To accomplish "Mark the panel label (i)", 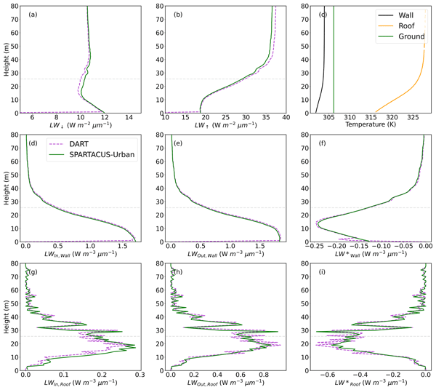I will pos(318,272).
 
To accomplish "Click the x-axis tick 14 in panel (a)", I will pos(129,117).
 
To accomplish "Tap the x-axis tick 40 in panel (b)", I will pos(286,117).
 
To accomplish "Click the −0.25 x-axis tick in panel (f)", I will pos(316,247).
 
